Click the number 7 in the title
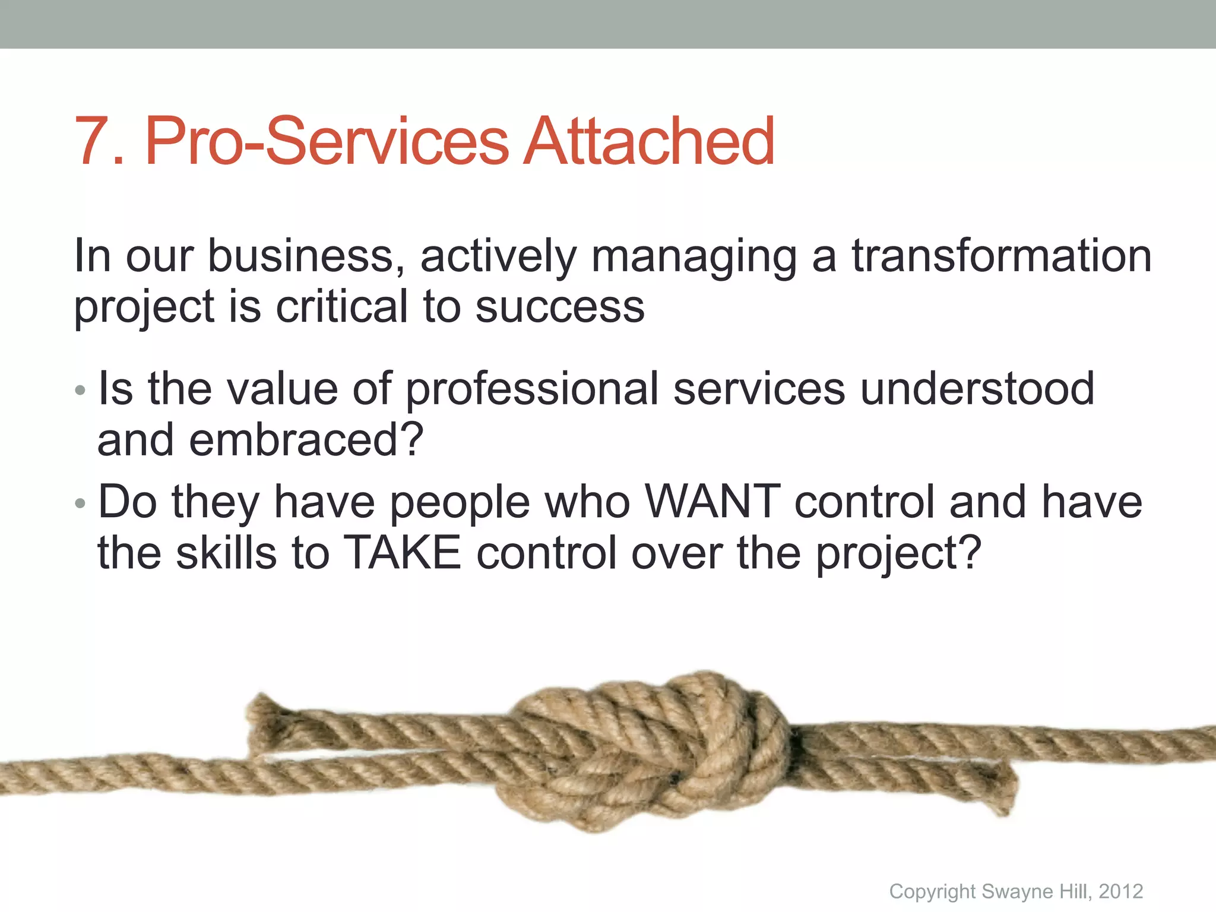tap(95, 142)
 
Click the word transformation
tap(1002, 256)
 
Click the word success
tap(560, 308)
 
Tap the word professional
tap(531, 389)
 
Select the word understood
tap(977, 388)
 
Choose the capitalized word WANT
tap(712, 502)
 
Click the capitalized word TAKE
tap(403, 553)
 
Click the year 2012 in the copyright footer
tap(1120, 891)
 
